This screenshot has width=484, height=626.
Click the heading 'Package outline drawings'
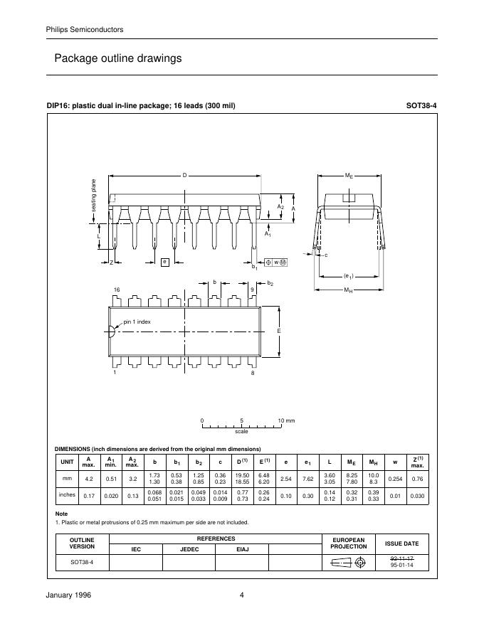(118, 58)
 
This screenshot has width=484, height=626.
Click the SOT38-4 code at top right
(421, 106)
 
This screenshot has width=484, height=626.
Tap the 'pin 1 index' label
(137, 322)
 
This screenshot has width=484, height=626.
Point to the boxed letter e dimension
(164, 262)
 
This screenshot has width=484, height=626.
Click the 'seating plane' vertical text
(93, 195)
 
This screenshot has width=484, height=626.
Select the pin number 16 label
(117, 290)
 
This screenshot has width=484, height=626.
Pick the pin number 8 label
(253, 373)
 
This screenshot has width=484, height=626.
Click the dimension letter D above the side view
(184, 175)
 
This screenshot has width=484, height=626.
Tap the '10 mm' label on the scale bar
(286, 421)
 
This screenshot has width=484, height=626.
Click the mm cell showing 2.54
(286, 479)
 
